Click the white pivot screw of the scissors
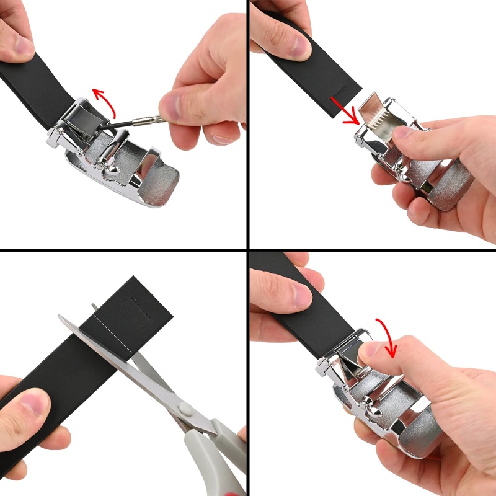click(x=184, y=408)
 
